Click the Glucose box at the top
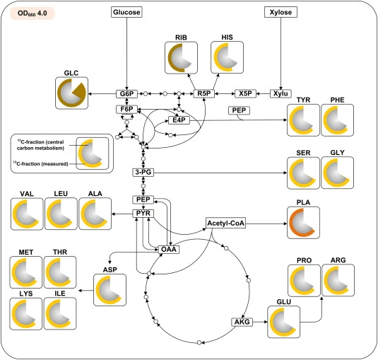pyautogui.click(x=126, y=12)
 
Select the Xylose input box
pyautogui.click(x=280, y=12)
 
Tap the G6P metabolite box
pyautogui.click(x=126, y=93)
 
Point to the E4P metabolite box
pyautogui.click(x=179, y=120)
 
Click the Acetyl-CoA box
pyautogui.click(x=225, y=223)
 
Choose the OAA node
pyautogui.click(x=169, y=249)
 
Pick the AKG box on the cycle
pyautogui.click(x=242, y=322)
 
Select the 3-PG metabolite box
pyautogui.click(x=143, y=173)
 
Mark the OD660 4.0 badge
pyautogui.click(x=33, y=13)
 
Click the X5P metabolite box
pyautogui.click(x=245, y=93)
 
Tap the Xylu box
pyautogui.click(x=280, y=93)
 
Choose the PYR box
pyautogui.click(x=143, y=214)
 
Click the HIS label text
pyautogui.click(x=227, y=37)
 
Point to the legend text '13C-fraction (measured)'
pyautogui.click(x=41, y=163)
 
